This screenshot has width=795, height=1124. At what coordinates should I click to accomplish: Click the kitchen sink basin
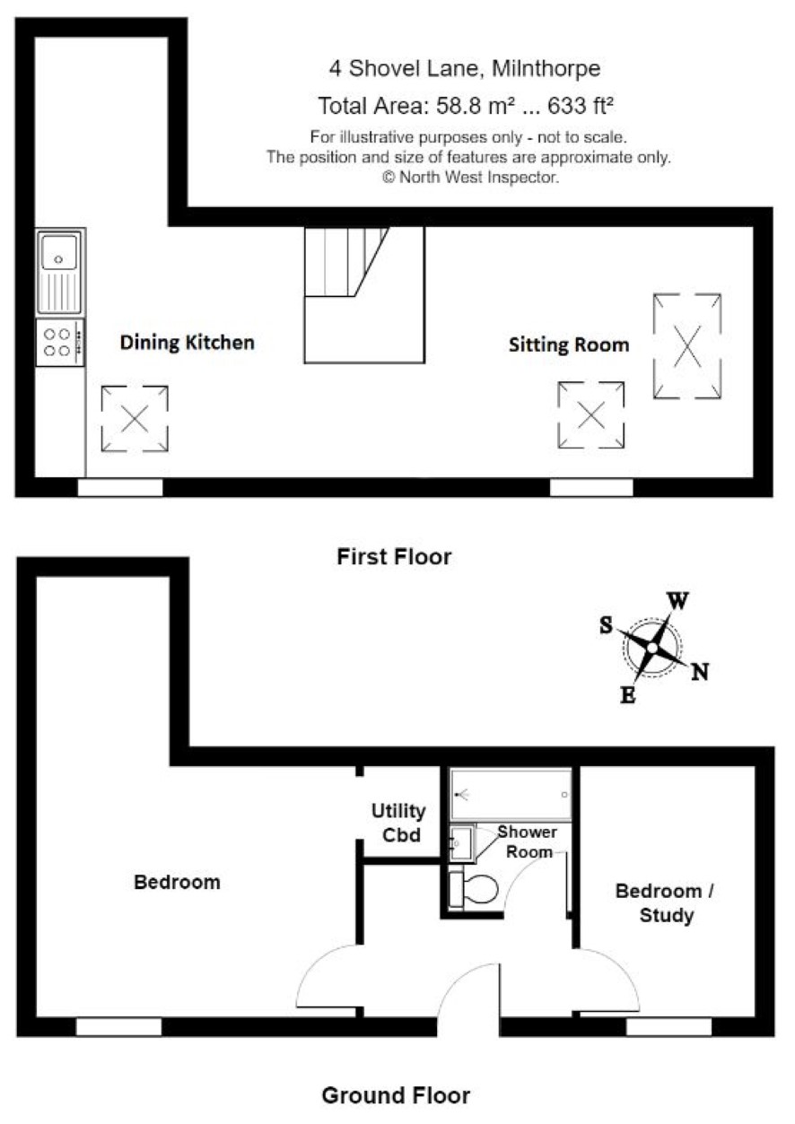pos(59,252)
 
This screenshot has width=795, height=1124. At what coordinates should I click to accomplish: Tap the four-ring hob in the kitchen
pos(60,342)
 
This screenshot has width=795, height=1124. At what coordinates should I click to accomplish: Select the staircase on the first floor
pos(364,295)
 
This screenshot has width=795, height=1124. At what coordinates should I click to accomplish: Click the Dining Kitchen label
pos(188,343)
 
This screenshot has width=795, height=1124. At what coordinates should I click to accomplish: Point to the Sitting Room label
pos(569,344)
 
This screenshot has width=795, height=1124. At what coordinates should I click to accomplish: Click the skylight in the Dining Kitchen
pos(135,419)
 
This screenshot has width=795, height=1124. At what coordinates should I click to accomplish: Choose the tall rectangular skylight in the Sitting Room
pos(687,346)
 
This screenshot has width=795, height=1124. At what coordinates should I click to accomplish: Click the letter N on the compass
pos(700,671)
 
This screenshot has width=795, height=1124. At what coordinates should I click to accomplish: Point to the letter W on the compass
pos(678,601)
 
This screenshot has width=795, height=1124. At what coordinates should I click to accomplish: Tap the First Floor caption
pos(395,557)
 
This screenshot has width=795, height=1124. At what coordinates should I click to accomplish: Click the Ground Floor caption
pos(396,1095)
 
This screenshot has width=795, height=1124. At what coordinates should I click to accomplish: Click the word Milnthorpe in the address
pos(546,69)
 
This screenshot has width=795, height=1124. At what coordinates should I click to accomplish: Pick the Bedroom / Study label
pos(666,903)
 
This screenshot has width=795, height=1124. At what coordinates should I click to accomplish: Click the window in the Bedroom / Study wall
pos(669,1027)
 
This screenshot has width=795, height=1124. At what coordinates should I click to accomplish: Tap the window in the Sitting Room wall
pos(591,488)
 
